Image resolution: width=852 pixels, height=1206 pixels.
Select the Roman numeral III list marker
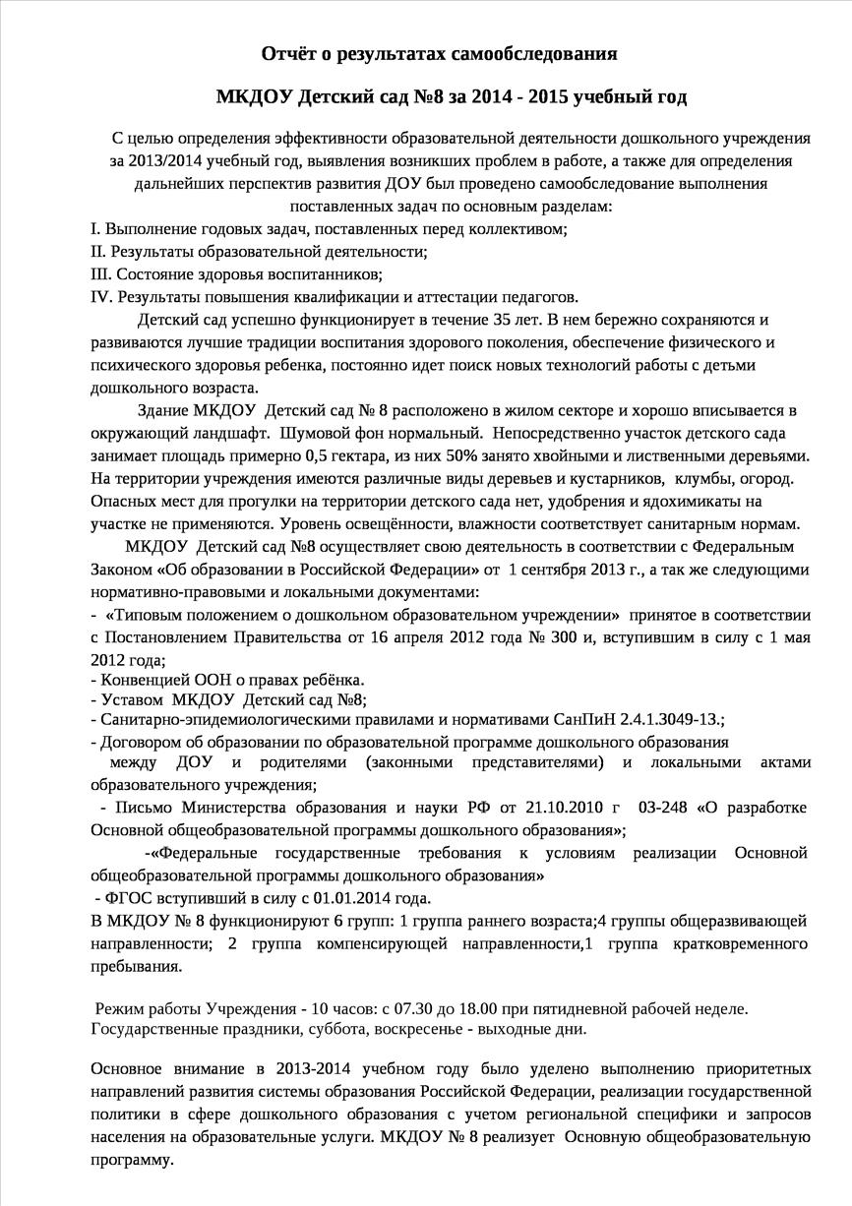click(100, 274)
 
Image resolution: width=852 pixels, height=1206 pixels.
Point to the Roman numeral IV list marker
click(101, 297)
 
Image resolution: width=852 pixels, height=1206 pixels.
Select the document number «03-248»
click(663, 808)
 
